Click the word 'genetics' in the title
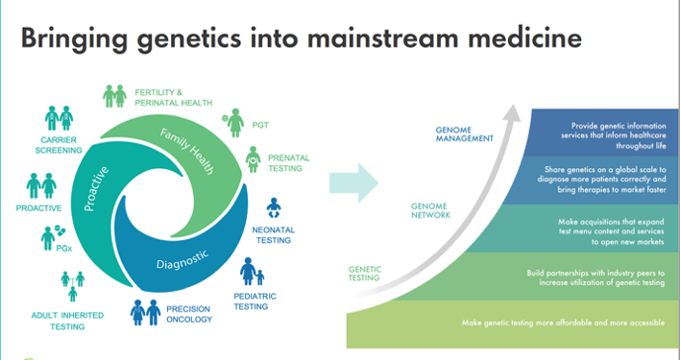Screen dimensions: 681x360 pyautogui.click(x=188, y=40)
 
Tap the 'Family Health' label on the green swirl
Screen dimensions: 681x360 pyautogui.click(x=187, y=151)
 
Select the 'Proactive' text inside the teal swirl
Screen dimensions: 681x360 pyautogui.click(x=95, y=188)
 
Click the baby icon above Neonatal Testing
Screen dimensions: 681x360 pyautogui.click(x=274, y=209)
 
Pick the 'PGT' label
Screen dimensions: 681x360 pyautogui.click(x=261, y=126)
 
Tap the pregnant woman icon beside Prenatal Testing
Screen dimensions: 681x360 pyautogui.click(x=253, y=159)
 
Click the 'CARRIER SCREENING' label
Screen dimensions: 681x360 pyautogui.click(x=58, y=145)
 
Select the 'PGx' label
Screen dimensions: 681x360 pyautogui.click(x=64, y=249)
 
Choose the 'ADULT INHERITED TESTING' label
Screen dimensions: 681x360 pyautogui.click(x=67, y=320)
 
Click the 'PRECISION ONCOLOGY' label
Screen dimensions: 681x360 pyautogui.click(x=190, y=315)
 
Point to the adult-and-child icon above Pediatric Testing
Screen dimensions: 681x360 pyautogui.click(x=252, y=271)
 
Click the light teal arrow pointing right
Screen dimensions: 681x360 pyautogui.click(x=354, y=183)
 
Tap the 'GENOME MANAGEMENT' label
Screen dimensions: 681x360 pyautogui.click(x=465, y=135)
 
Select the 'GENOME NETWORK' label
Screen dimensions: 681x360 pyautogui.click(x=431, y=211)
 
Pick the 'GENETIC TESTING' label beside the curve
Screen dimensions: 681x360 pyautogui.click(x=365, y=274)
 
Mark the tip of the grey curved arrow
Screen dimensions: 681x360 pyautogui.click(x=514, y=105)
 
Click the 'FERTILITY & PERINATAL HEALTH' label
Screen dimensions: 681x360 pyautogui.click(x=173, y=98)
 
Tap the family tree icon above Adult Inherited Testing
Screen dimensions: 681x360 pyautogui.click(x=72, y=286)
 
